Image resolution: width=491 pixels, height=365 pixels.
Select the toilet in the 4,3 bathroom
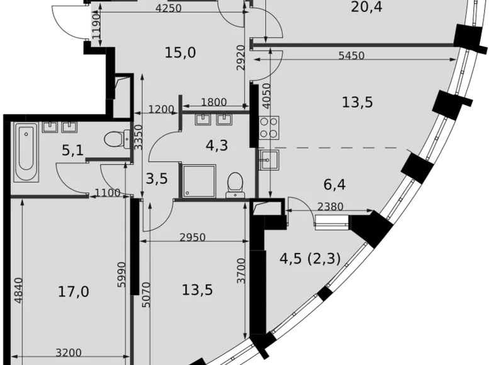click(x=235, y=184)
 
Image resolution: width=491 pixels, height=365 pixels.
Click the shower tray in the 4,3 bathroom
click(x=198, y=180)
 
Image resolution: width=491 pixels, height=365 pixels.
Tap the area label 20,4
click(x=368, y=8)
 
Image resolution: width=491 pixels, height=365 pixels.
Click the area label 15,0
click(x=180, y=53)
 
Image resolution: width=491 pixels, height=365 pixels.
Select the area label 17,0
click(x=73, y=292)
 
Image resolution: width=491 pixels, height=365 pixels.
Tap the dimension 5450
click(x=351, y=56)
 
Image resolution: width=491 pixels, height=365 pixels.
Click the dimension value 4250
click(x=168, y=8)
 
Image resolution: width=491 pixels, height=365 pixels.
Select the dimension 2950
click(x=193, y=237)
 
